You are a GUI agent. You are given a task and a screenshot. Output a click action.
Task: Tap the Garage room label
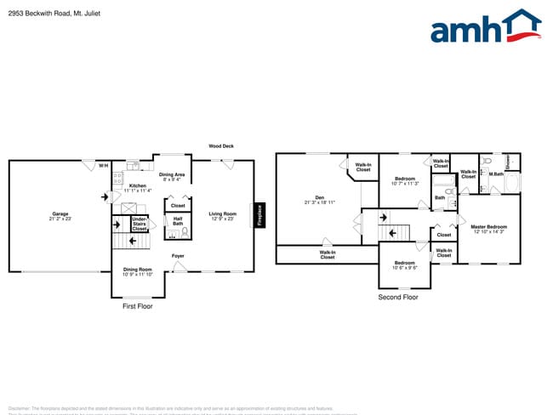pos(60,214)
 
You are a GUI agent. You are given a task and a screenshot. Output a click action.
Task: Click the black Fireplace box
pos(260,215)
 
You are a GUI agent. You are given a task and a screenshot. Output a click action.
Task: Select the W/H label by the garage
pos(103,165)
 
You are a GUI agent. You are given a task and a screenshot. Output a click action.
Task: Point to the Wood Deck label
pos(221,146)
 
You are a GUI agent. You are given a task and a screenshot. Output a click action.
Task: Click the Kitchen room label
pos(137,185)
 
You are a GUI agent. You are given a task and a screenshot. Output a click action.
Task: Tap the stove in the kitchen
pos(118,179)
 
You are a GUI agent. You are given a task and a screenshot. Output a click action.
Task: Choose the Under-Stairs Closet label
pos(139,225)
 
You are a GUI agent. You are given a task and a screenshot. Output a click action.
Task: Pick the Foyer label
pos(178,255)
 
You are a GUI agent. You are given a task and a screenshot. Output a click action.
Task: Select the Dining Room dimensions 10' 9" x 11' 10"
pos(137,275)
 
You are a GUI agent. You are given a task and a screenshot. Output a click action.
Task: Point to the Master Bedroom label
pos(488,226)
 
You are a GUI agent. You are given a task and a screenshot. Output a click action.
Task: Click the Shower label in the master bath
pos(508,162)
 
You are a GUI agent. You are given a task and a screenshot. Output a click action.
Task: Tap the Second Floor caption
pos(398,298)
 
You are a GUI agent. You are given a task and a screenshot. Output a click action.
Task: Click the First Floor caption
pos(139,306)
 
